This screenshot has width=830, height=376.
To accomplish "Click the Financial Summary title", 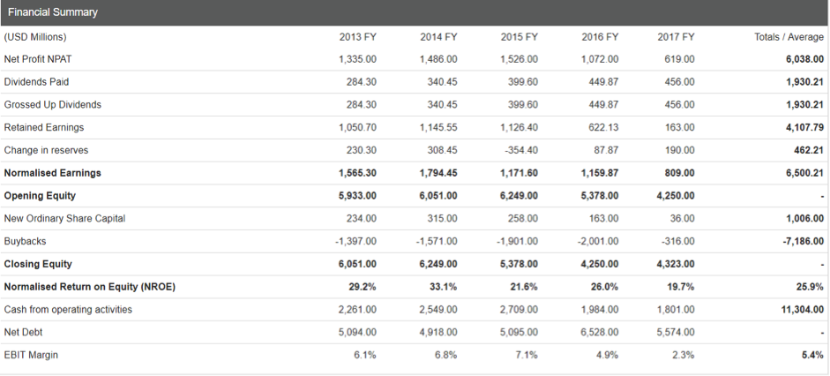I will pyautogui.click(x=50, y=12).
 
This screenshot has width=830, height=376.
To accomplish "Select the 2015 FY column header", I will pyautogui.click(x=519, y=36).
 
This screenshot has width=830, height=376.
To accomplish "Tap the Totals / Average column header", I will pyautogui.click(x=789, y=36).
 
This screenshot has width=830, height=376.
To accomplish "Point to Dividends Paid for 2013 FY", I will pyautogui.click(x=358, y=82).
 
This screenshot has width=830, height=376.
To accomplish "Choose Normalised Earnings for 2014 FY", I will pyautogui.click(x=437, y=173).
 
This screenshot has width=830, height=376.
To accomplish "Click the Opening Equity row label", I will pyautogui.click(x=40, y=196).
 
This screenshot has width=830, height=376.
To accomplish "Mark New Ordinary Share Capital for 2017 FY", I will pyautogui.click(x=681, y=219).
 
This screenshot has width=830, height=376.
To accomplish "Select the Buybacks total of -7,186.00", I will pyautogui.click(x=803, y=241).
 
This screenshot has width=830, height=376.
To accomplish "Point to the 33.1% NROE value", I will pyautogui.click(x=445, y=287).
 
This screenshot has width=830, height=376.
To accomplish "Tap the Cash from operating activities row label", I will pyautogui.click(x=68, y=310).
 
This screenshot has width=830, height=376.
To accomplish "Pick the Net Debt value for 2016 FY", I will pyautogui.click(x=600, y=333).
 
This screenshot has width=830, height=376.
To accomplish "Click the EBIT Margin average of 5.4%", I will pyautogui.click(x=812, y=356).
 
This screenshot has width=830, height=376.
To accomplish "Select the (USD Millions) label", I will pyautogui.click(x=35, y=36).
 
